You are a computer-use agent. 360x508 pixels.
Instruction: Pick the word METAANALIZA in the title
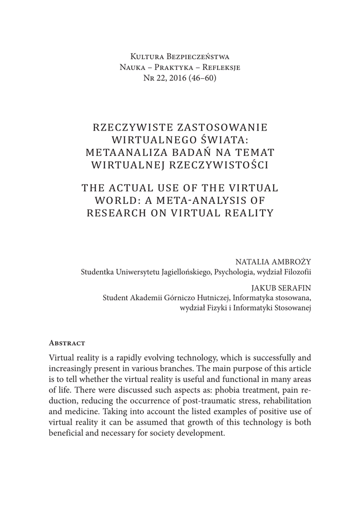pos(125,152)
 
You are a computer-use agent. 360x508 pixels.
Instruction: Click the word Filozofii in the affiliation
pos(296,272)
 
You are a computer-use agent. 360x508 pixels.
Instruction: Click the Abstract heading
pos(67,343)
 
